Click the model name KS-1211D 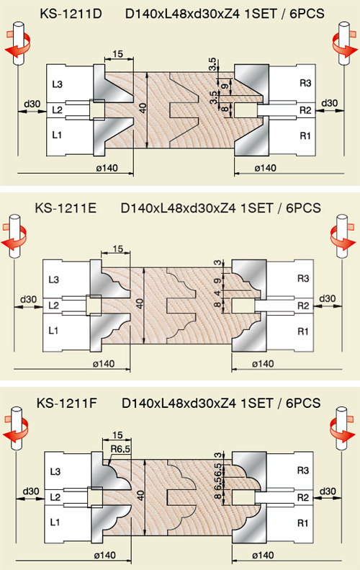pos(71,14)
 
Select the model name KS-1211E pos(66,208)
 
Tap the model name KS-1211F pos(67,403)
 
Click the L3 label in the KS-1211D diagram pos(57,84)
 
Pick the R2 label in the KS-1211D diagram pos(305,110)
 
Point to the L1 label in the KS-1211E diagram pos(53,331)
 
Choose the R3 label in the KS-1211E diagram pos(303,279)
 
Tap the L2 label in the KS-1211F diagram pos(55,497)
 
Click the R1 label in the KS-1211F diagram pos(302,523)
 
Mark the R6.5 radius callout pos(120,449)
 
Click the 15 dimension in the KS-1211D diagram pos(117,54)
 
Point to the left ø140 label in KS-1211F pos(104,555)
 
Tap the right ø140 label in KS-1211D pos(265,168)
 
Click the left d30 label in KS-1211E pos(28,300)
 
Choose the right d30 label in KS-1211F pos(328,491)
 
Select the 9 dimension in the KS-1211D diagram pos(225,86)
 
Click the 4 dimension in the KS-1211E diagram pos(217,293)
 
